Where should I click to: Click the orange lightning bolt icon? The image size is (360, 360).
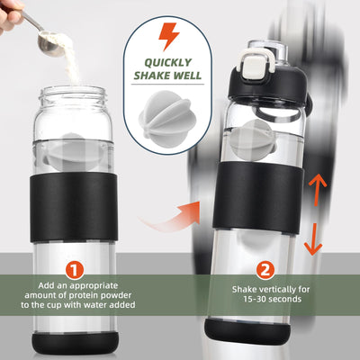168,37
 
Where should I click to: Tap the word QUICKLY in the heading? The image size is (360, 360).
168,63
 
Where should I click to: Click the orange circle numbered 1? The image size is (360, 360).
76,269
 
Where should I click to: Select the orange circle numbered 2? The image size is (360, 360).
265,269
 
